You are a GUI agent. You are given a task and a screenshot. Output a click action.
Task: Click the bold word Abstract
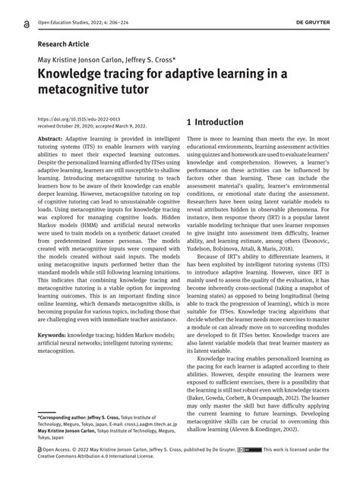point(49,141)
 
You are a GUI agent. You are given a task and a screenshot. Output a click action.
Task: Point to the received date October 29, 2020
point(81,127)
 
